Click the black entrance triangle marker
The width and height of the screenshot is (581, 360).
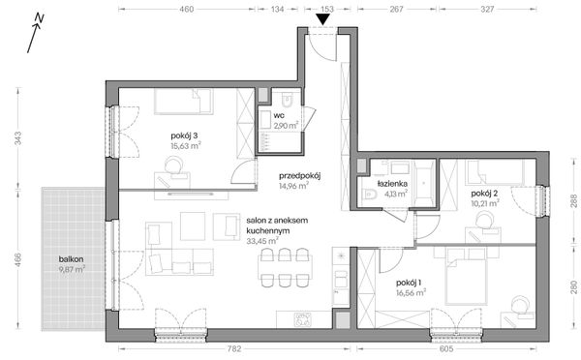click(x=323, y=19)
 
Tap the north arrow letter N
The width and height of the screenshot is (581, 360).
click(x=40, y=17)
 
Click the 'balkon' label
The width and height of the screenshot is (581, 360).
click(x=71, y=259)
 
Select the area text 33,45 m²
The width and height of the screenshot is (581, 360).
click(x=262, y=241)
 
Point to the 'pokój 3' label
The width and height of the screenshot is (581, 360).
click(x=184, y=135)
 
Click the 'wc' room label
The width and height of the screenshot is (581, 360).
click(x=278, y=116)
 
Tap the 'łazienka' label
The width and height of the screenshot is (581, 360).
click(x=392, y=183)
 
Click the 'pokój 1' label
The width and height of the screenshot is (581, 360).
click(x=409, y=283)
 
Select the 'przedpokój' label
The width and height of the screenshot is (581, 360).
click(x=299, y=175)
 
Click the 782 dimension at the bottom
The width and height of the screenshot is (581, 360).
click(x=234, y=349)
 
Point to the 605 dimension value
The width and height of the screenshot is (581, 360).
click(x=446, y=349)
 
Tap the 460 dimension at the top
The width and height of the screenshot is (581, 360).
click(x=187, y=9)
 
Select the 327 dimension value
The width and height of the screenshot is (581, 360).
click(x=487, y=9)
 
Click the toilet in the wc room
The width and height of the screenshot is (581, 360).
click(x=287, y=98)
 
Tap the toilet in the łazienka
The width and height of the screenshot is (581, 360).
click(x=369, y=194)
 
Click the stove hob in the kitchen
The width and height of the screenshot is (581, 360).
click(x=303, y=319)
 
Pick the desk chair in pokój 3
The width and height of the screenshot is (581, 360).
click(x=173, y=165)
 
